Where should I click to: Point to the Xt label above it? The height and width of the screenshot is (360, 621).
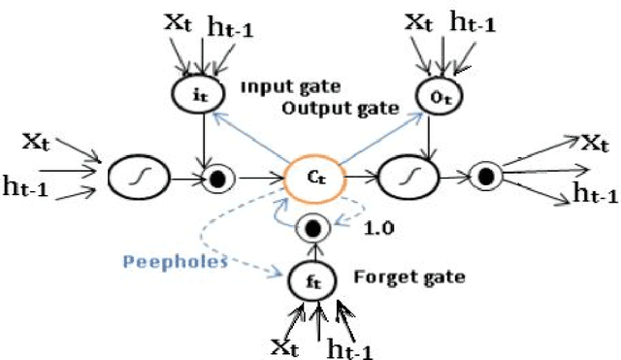(178, 20)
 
